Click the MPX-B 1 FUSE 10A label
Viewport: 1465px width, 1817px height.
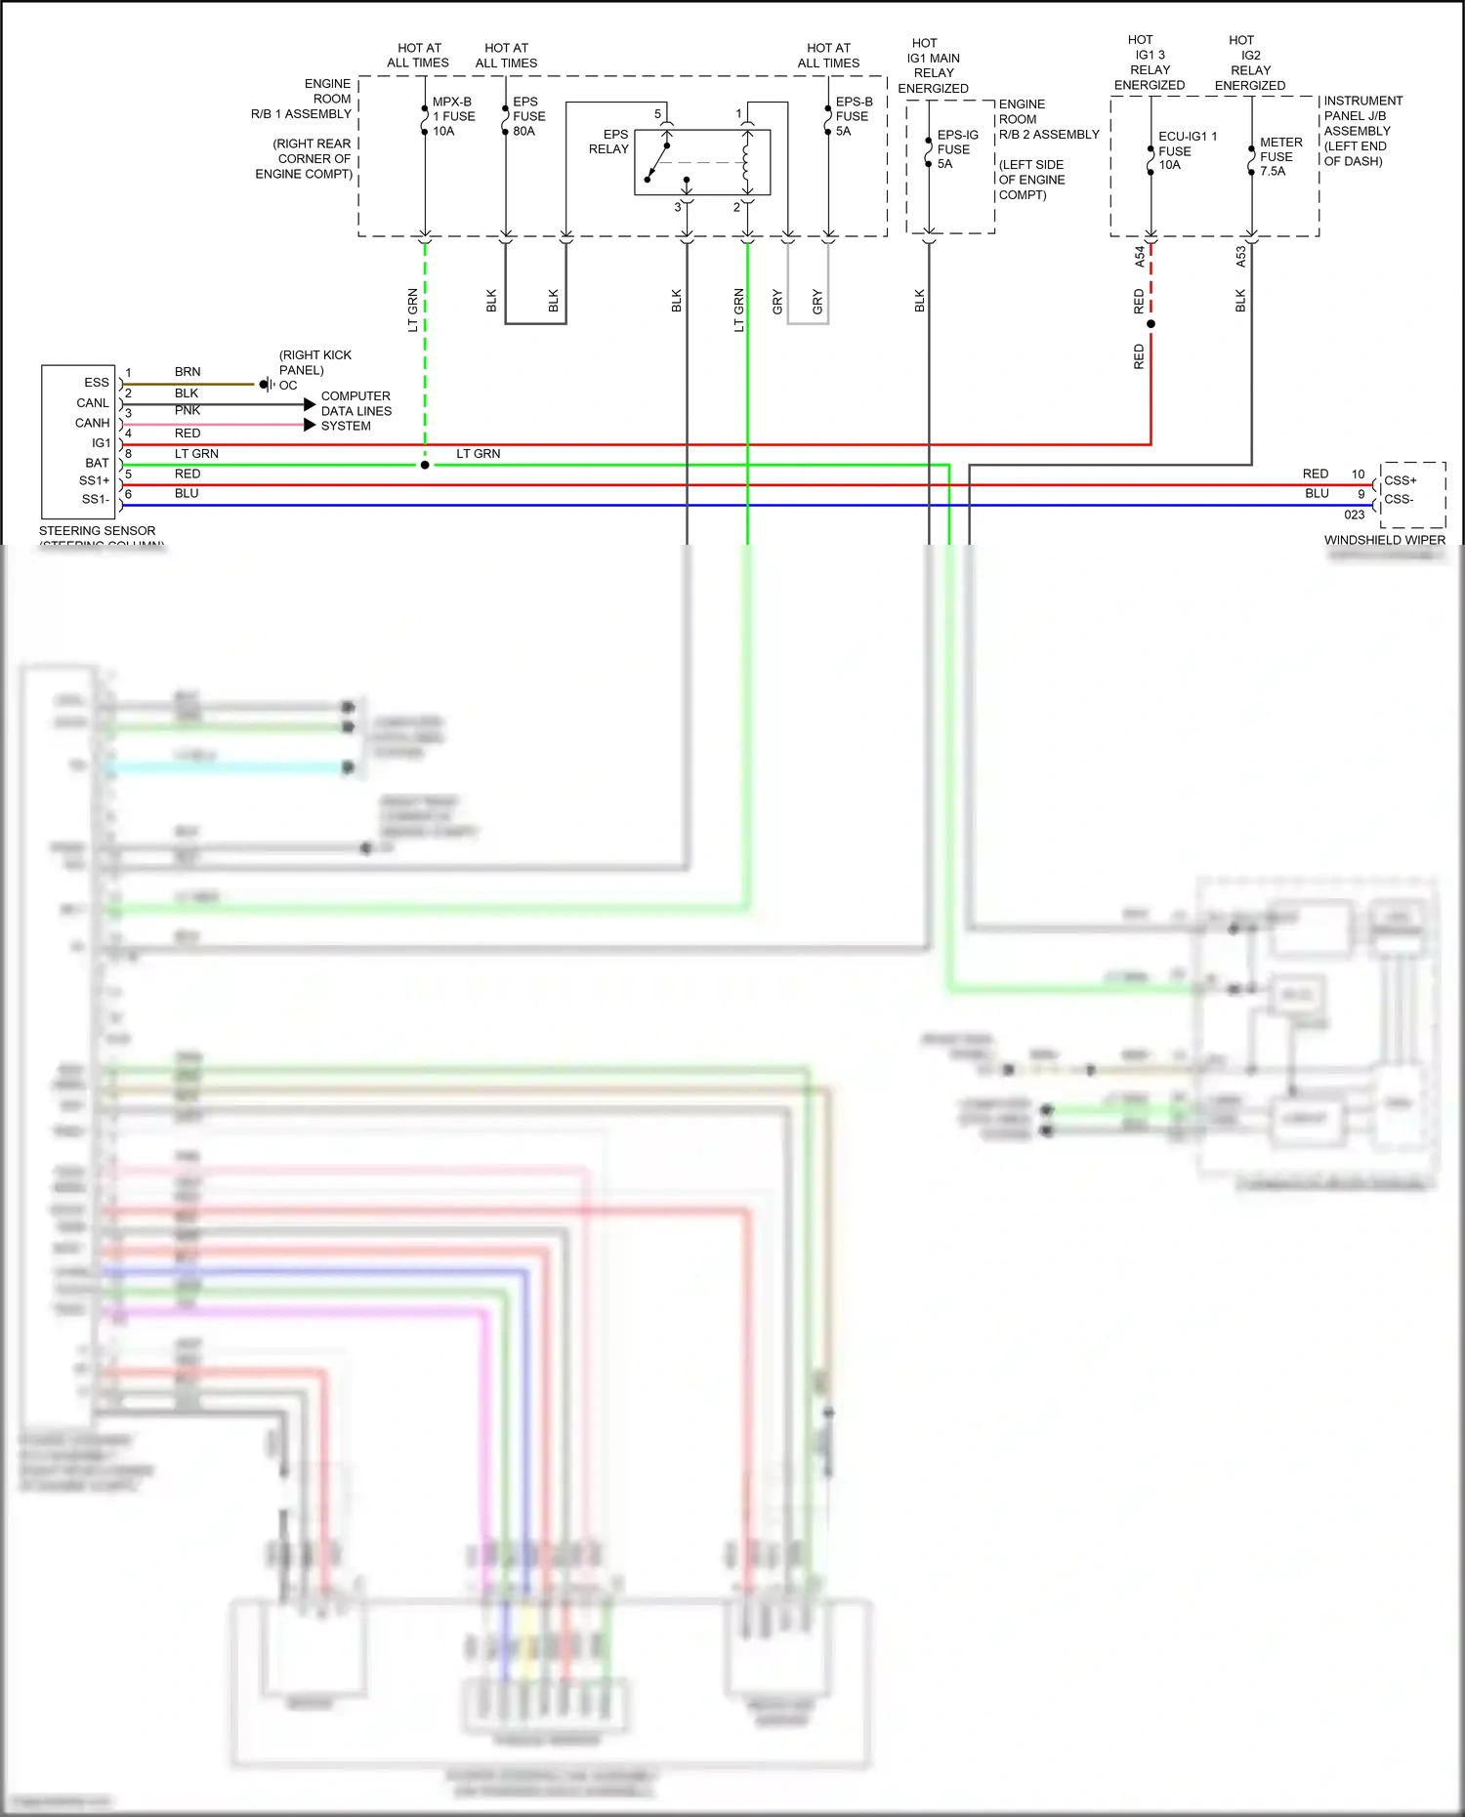point(453,116)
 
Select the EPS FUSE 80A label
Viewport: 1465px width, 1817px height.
point(528,116)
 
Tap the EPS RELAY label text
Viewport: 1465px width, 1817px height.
point(609,142)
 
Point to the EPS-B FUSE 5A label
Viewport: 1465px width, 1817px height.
point(854,116)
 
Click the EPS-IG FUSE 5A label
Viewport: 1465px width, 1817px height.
point(956,149)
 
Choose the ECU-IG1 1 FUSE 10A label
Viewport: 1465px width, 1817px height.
point(1186,150)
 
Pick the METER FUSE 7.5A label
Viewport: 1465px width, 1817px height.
point(1279,156)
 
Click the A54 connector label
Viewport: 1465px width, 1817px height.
point(1140,257)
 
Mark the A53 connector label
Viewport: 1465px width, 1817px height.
point(1241,257)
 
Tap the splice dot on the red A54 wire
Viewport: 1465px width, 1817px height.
point(1151,324)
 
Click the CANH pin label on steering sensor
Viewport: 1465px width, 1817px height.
point(92,423)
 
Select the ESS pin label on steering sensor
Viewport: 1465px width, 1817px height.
point(96,383)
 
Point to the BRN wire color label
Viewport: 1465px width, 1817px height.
point(188,372)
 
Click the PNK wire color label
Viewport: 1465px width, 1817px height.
point(188,411)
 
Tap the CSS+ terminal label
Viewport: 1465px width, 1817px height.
point(1400,480)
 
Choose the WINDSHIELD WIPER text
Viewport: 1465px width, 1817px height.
point(1384,540)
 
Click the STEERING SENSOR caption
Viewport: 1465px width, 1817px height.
point(97,531)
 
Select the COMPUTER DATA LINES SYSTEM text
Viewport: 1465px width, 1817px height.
point(356,411)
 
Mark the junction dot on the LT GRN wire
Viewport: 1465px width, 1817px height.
point(425,465)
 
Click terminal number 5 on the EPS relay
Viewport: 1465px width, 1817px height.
point(657,114)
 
